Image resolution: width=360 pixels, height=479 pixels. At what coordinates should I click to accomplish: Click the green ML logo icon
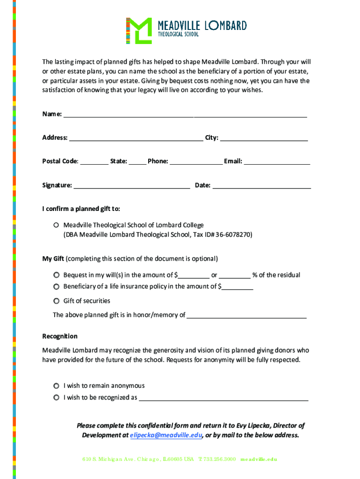point(139,31)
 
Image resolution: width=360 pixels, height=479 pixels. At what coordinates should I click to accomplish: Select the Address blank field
point(136,138)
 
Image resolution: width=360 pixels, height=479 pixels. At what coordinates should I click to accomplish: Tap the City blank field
point(264,138)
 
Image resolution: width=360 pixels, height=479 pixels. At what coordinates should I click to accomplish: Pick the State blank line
point(137,162)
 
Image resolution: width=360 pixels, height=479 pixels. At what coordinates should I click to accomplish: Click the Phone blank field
point(196,162)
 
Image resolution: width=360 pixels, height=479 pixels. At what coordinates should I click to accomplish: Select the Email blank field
point(277,162)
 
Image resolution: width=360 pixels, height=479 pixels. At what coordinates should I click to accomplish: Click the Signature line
point(132,186)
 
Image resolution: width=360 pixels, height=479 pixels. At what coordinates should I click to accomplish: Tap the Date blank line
point(261,186)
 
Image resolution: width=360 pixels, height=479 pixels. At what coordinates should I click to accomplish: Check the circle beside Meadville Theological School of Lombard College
point(56,225)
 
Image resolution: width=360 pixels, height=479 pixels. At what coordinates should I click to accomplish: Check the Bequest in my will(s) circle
point(56,275)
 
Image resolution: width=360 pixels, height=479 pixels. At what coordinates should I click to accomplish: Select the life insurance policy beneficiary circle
point(56,286)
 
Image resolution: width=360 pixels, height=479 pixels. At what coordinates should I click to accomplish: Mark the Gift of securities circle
point(56,301)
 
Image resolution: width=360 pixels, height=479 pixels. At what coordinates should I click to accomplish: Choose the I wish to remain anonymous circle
point(56,386)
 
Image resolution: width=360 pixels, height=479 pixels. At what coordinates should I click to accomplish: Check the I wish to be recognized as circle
point(56,398)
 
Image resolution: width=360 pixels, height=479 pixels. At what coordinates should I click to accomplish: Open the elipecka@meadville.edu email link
point(166,435)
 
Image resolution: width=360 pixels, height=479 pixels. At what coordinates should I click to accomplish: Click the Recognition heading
point(60,336)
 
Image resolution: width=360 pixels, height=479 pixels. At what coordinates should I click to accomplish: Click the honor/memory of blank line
point(246,316)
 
